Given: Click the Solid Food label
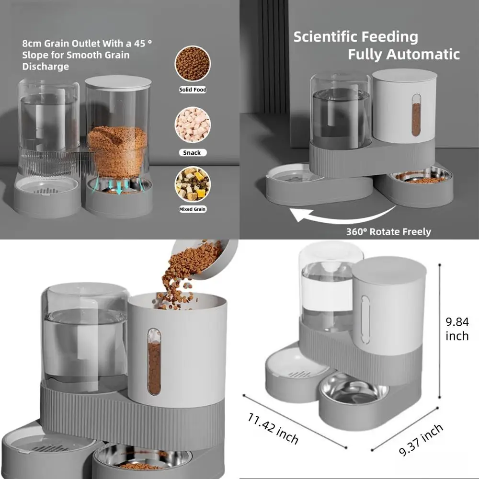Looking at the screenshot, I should [193, 90].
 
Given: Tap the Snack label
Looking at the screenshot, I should [193, 153].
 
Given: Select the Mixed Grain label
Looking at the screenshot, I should [193, 209].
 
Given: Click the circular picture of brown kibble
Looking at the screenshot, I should [193, 64].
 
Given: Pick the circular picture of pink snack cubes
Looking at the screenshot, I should [193, 125].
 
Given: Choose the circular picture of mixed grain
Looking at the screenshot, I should [193, 185].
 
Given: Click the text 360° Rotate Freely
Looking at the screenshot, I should [388, 232].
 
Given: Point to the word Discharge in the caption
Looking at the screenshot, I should [46, 67].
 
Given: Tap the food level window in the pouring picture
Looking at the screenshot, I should [154, 362].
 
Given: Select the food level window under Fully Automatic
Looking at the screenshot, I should [416, 119].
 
